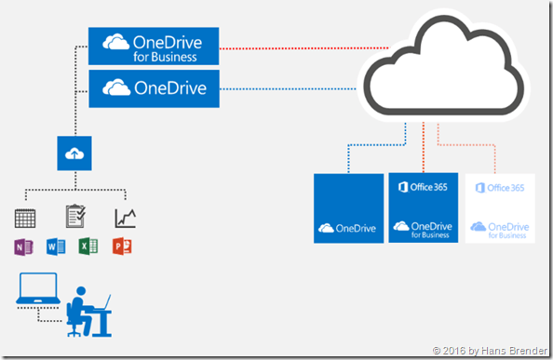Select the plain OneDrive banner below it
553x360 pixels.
coord(153,90)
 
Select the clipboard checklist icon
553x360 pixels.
coord(76,217)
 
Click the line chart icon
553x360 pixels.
coord(126,218)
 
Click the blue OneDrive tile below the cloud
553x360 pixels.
coord(348,208)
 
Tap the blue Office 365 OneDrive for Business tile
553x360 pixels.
coord(423,208)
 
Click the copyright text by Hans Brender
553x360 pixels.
coord(489,350)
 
